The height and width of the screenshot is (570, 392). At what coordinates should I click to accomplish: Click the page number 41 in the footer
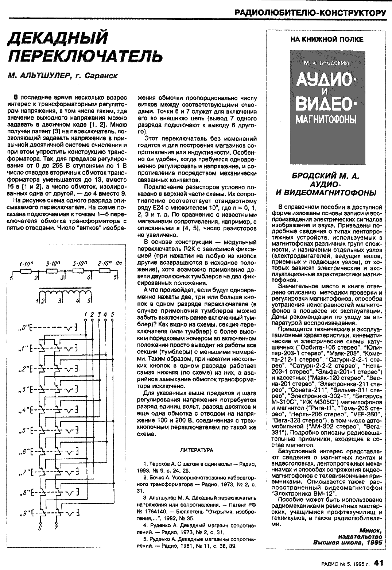pos(380,563)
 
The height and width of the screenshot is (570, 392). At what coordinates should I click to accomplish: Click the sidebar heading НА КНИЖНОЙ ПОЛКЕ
pos(327,39)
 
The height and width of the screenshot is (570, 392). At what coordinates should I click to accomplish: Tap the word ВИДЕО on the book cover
pos(327,103)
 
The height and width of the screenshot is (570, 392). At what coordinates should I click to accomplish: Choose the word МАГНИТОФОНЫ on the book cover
pos(327,119)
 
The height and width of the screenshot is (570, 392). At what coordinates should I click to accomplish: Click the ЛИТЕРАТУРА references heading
pos(197,450)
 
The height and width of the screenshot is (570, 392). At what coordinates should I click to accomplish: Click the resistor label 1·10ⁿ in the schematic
pos(26,263)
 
